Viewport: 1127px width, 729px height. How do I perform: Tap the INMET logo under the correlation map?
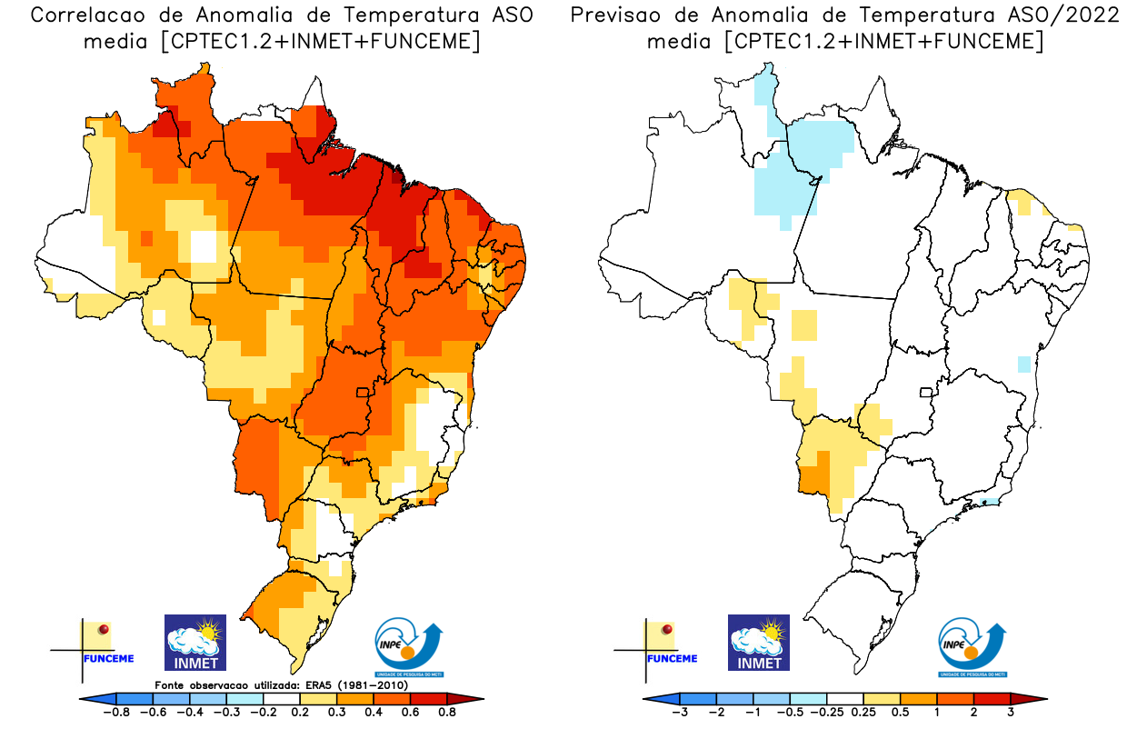coord(194,642)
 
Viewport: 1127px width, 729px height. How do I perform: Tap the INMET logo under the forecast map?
coord(759,642)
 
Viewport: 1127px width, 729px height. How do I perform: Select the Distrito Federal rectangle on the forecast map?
coord(926,394)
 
